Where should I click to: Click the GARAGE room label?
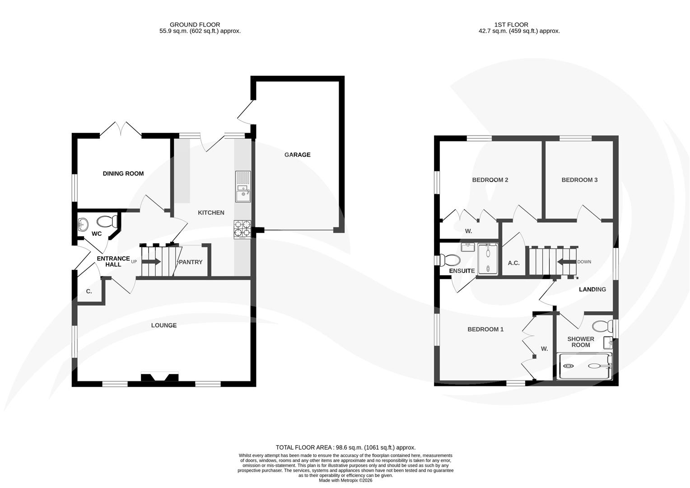tap(297, 155)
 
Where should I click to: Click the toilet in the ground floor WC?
tap(107, 221)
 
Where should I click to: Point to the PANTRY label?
tap(191, 262)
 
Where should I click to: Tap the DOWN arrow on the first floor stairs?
tap(564, 262)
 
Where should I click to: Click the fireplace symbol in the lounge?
tap(160, 377)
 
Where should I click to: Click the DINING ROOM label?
tap(123, 174)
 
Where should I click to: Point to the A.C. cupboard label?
tap(513, 263)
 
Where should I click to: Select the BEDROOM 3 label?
tap(579, 180)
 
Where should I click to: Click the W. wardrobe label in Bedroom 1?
tap(544, 348)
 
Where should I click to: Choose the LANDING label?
tap(592, 289)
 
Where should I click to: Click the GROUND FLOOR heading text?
tap(195, 24)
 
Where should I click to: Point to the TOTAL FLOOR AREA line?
tap(345, 447)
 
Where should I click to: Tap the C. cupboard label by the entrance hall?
tap(89, 291)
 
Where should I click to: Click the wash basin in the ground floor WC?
tap(83, 224)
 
